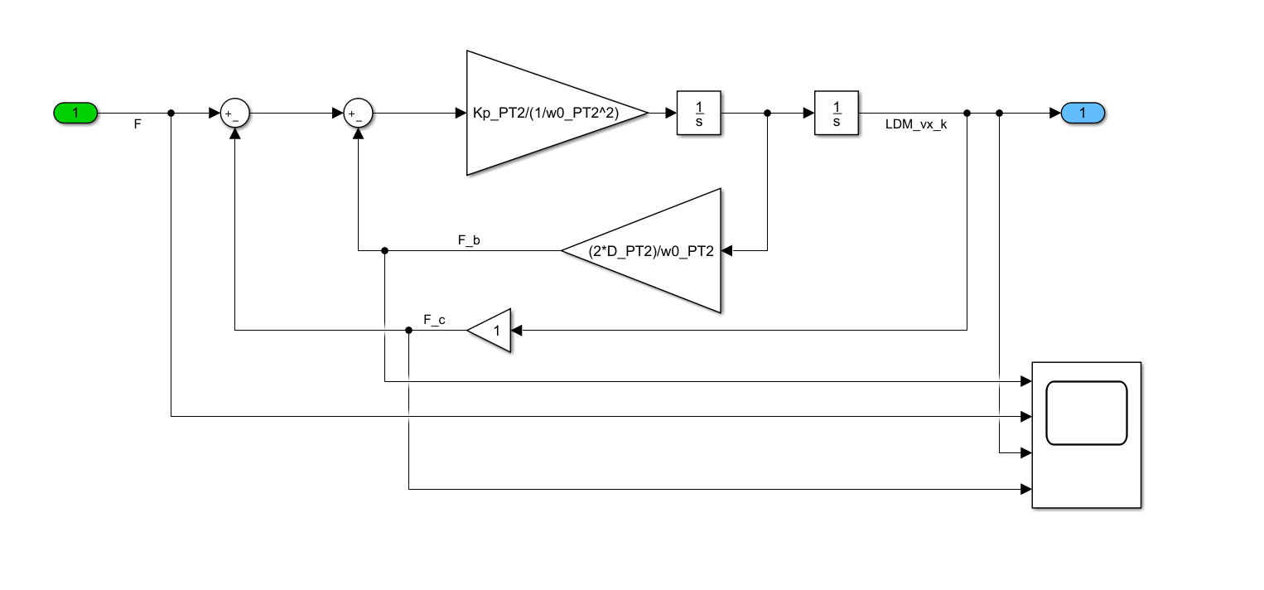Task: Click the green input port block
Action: click(x=75, y=113)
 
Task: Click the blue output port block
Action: click(x=1083, y=113)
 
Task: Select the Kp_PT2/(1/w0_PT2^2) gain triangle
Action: click(x=547, y=113)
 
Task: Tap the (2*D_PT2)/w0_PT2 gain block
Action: click(x=651, y=250)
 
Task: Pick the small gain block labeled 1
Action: click(x=491, y=330)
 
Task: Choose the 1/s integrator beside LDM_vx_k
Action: click(x=837, y=113)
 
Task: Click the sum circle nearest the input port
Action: click(x=235, y=114)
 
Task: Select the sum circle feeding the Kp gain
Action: click(x=358, y=114)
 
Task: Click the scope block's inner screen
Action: click(x=1086, y=413)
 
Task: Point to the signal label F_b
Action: click(x=470, y=240)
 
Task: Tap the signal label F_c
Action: click(x=434, y=320)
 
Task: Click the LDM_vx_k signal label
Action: click(x=915, y=123)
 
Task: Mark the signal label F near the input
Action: click(x=138, y=123)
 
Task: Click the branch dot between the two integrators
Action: click(x=768, y=113)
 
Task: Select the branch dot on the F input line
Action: click(x=171, y=113)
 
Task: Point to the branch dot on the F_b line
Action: click(x=385, y=250)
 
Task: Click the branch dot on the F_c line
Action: click(x=408, y=330)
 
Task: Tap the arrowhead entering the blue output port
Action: click(x=1055, y=113)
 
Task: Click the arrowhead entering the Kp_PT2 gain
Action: click(x=461, y=113)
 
